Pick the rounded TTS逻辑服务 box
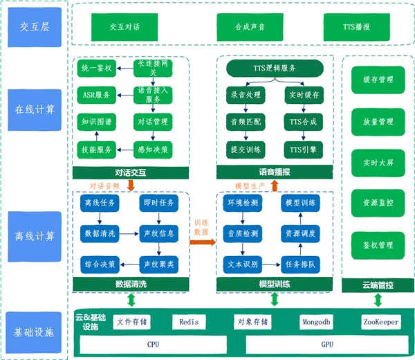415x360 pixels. click(275, 68)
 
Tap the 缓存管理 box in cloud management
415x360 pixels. click(378, 80)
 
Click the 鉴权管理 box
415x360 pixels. click(378, 246)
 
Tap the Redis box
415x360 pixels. click(189, 322)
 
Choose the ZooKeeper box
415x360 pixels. click(380, 322)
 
